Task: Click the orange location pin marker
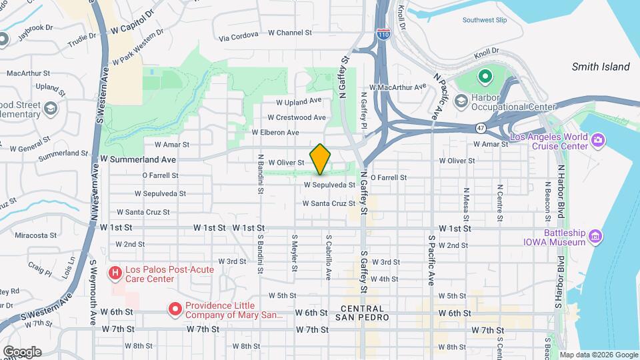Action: pyautogui.click(x=320, y=159)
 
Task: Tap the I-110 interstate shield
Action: pyautogui.click(x=383, y=34)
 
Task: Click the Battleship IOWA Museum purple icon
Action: pyautogui.click(x=595, y=235)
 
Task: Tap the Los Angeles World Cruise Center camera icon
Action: pyautogui.click(x=597, y=139)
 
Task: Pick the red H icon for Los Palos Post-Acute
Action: pyautogui.click(x=115, y=273)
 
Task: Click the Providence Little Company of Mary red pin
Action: pyautogui.click(x=175, y=309)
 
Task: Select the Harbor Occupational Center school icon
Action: pyautogui.click(x=460, y=101)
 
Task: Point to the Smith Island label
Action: pyautogui.click(x=600, y=67)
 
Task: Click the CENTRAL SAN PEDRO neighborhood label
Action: pyautogui.click(x=362, y=313)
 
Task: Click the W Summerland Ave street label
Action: pyautogui.click(x=138, y=159)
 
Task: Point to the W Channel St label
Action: pyautogui.click(x=289, y=33)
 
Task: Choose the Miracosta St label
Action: pyautogui.click(x=36, y=235)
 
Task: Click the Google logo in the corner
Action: pyautogui.click(x=22, y=351)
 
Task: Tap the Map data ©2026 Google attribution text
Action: pyautogui.click(x=598, y=355)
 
